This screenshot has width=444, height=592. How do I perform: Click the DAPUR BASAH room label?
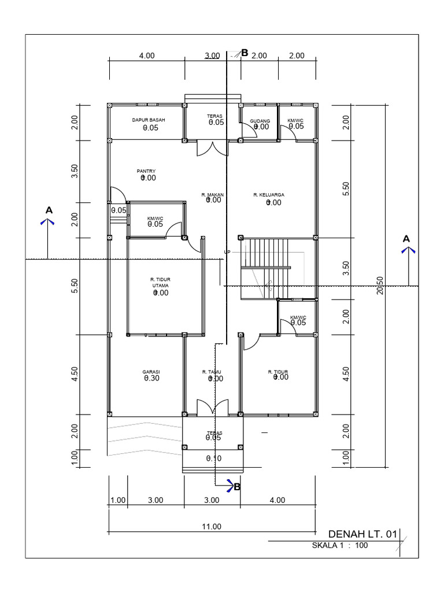148,120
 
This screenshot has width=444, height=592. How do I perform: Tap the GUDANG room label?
260,121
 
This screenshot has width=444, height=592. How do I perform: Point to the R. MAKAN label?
212,195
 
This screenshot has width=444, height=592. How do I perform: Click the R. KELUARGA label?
268,195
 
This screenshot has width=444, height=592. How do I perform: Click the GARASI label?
151,372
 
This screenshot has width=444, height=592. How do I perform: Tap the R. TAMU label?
212,372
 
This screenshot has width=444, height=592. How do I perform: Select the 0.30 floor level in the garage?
151,379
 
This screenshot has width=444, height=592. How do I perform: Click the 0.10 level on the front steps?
214,458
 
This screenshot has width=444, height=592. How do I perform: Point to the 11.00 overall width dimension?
212,526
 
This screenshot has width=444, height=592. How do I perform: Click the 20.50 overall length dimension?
380,286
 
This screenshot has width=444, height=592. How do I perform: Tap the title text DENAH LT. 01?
362,534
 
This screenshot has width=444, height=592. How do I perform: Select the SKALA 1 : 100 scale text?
340,545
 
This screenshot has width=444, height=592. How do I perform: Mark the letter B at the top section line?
245,53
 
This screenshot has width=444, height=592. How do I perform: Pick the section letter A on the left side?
49,209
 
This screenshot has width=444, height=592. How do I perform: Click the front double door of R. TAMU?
214,408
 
